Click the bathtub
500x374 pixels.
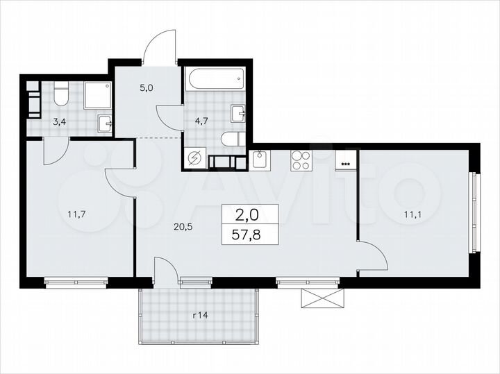[x=215, y=82]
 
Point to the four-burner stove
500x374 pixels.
[x=301, y=161]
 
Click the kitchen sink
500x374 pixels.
[x=260, y=160]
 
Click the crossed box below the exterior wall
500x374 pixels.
[x=321, y=298]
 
